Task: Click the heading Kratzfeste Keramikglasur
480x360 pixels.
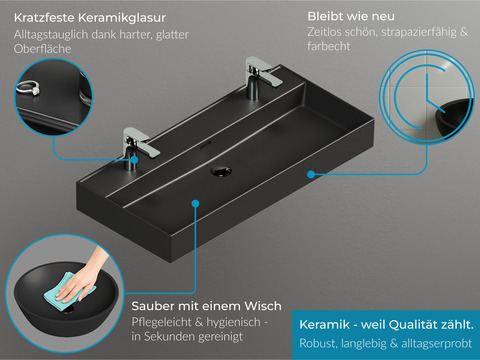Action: click(90, 18)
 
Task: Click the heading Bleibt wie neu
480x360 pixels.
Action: click(351, 16)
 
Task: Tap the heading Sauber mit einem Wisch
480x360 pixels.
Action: click(206, 306)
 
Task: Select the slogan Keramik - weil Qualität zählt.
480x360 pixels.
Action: click(386, 324)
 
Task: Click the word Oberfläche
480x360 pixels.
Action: click(43, 49)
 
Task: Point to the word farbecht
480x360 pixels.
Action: click(329, 46)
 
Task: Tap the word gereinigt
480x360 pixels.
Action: click(220, 337)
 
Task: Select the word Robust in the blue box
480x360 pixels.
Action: click(318, 343)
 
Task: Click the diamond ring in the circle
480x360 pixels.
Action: click(28, 88)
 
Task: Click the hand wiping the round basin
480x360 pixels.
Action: click(83, 274)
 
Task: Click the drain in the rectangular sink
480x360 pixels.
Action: click(221, 170)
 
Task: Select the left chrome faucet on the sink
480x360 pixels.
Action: click(139, 147)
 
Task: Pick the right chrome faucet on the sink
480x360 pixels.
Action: click(261, 77)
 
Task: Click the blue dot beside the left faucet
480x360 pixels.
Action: click(134, 160)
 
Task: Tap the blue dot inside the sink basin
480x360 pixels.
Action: click(196, 203)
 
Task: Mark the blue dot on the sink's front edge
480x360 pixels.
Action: click(311, 174)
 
